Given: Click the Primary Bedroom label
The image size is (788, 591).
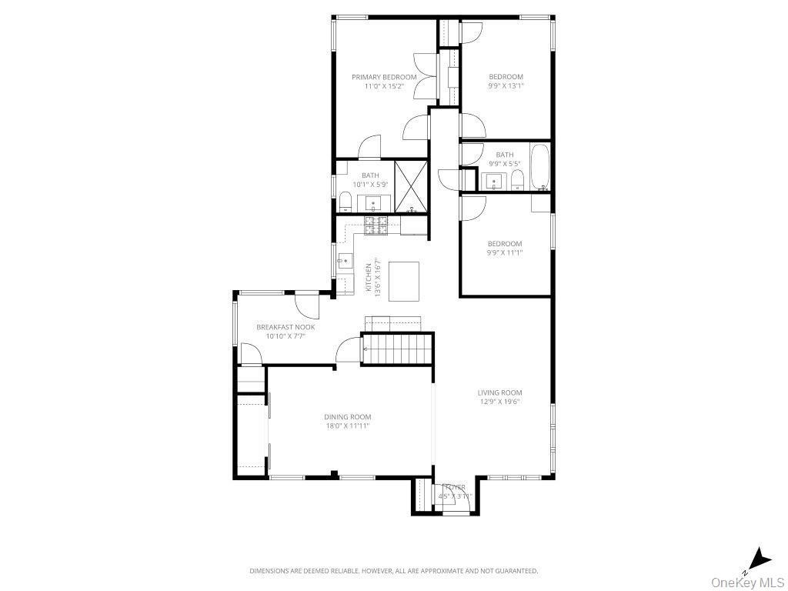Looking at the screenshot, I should click(384, 77).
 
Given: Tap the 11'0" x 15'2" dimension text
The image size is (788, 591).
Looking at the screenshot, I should click(384, 86).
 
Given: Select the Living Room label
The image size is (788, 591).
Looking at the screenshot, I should click(499, 392).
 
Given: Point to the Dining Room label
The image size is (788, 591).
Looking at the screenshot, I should click(347, 417).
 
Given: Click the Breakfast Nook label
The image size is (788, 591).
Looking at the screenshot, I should click(285, 327).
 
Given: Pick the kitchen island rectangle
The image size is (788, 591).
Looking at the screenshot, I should click(404, 281).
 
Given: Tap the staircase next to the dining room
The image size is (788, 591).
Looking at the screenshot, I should click(397, 349).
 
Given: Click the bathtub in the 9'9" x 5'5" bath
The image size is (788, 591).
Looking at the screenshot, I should click(540, 167).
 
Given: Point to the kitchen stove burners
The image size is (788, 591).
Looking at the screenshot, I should click(376, 225).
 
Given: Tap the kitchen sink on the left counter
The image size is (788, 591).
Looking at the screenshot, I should click(342, 261).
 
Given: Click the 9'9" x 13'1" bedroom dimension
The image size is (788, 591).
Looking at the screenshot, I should click(506, 86).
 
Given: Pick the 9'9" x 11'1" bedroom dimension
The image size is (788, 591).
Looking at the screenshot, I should click(504, 252).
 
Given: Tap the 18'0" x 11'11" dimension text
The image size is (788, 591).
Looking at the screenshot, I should click(347, 426).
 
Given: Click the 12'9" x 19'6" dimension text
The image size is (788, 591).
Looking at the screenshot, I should click(499, 401).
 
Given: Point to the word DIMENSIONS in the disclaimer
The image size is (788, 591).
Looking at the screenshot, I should click(270, 571).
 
